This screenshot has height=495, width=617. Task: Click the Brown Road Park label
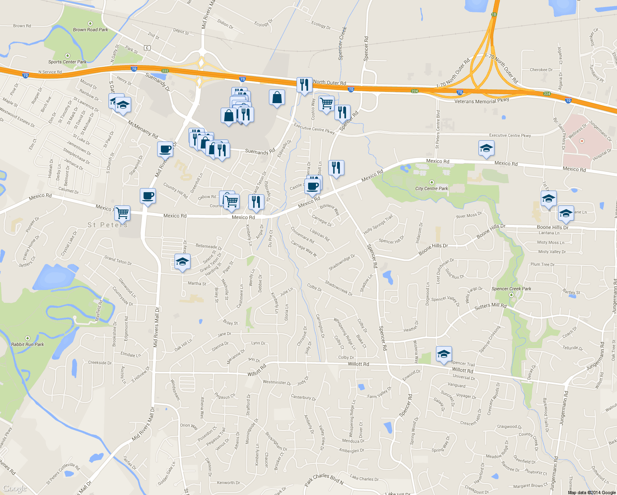(x=90, y=30)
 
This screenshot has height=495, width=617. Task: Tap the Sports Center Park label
(x=67, y=62)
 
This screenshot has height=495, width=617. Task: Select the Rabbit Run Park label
(x=27, y=344)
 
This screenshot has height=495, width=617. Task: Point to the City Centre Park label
(x=431, y=189)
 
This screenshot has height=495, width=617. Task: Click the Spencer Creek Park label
(x=511, y=289)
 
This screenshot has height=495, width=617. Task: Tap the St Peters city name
(x=108, y=225)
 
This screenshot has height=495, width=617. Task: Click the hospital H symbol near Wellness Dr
(x=582, y=141)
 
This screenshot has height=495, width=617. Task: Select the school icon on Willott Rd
(x=443, y=354)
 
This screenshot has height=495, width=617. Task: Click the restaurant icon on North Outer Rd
(x=304, y=85)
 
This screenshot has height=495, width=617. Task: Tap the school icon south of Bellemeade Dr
(x=182, y=262)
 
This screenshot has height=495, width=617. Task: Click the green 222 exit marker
(x=165, y=71)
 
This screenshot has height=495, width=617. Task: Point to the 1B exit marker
(x=494, y=14)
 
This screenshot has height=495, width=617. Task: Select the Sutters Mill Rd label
(x=490, y=306)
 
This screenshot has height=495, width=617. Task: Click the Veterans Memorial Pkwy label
(x=481, y=101)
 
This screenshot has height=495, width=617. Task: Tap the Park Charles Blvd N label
(x=324, y=479)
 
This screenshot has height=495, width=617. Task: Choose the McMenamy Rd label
(x=143, y=129)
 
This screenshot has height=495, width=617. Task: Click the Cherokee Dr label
(x=541, y=70)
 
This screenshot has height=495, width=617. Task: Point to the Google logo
(x=15, y=488)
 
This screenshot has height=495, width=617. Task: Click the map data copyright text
(x=591, y=493)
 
